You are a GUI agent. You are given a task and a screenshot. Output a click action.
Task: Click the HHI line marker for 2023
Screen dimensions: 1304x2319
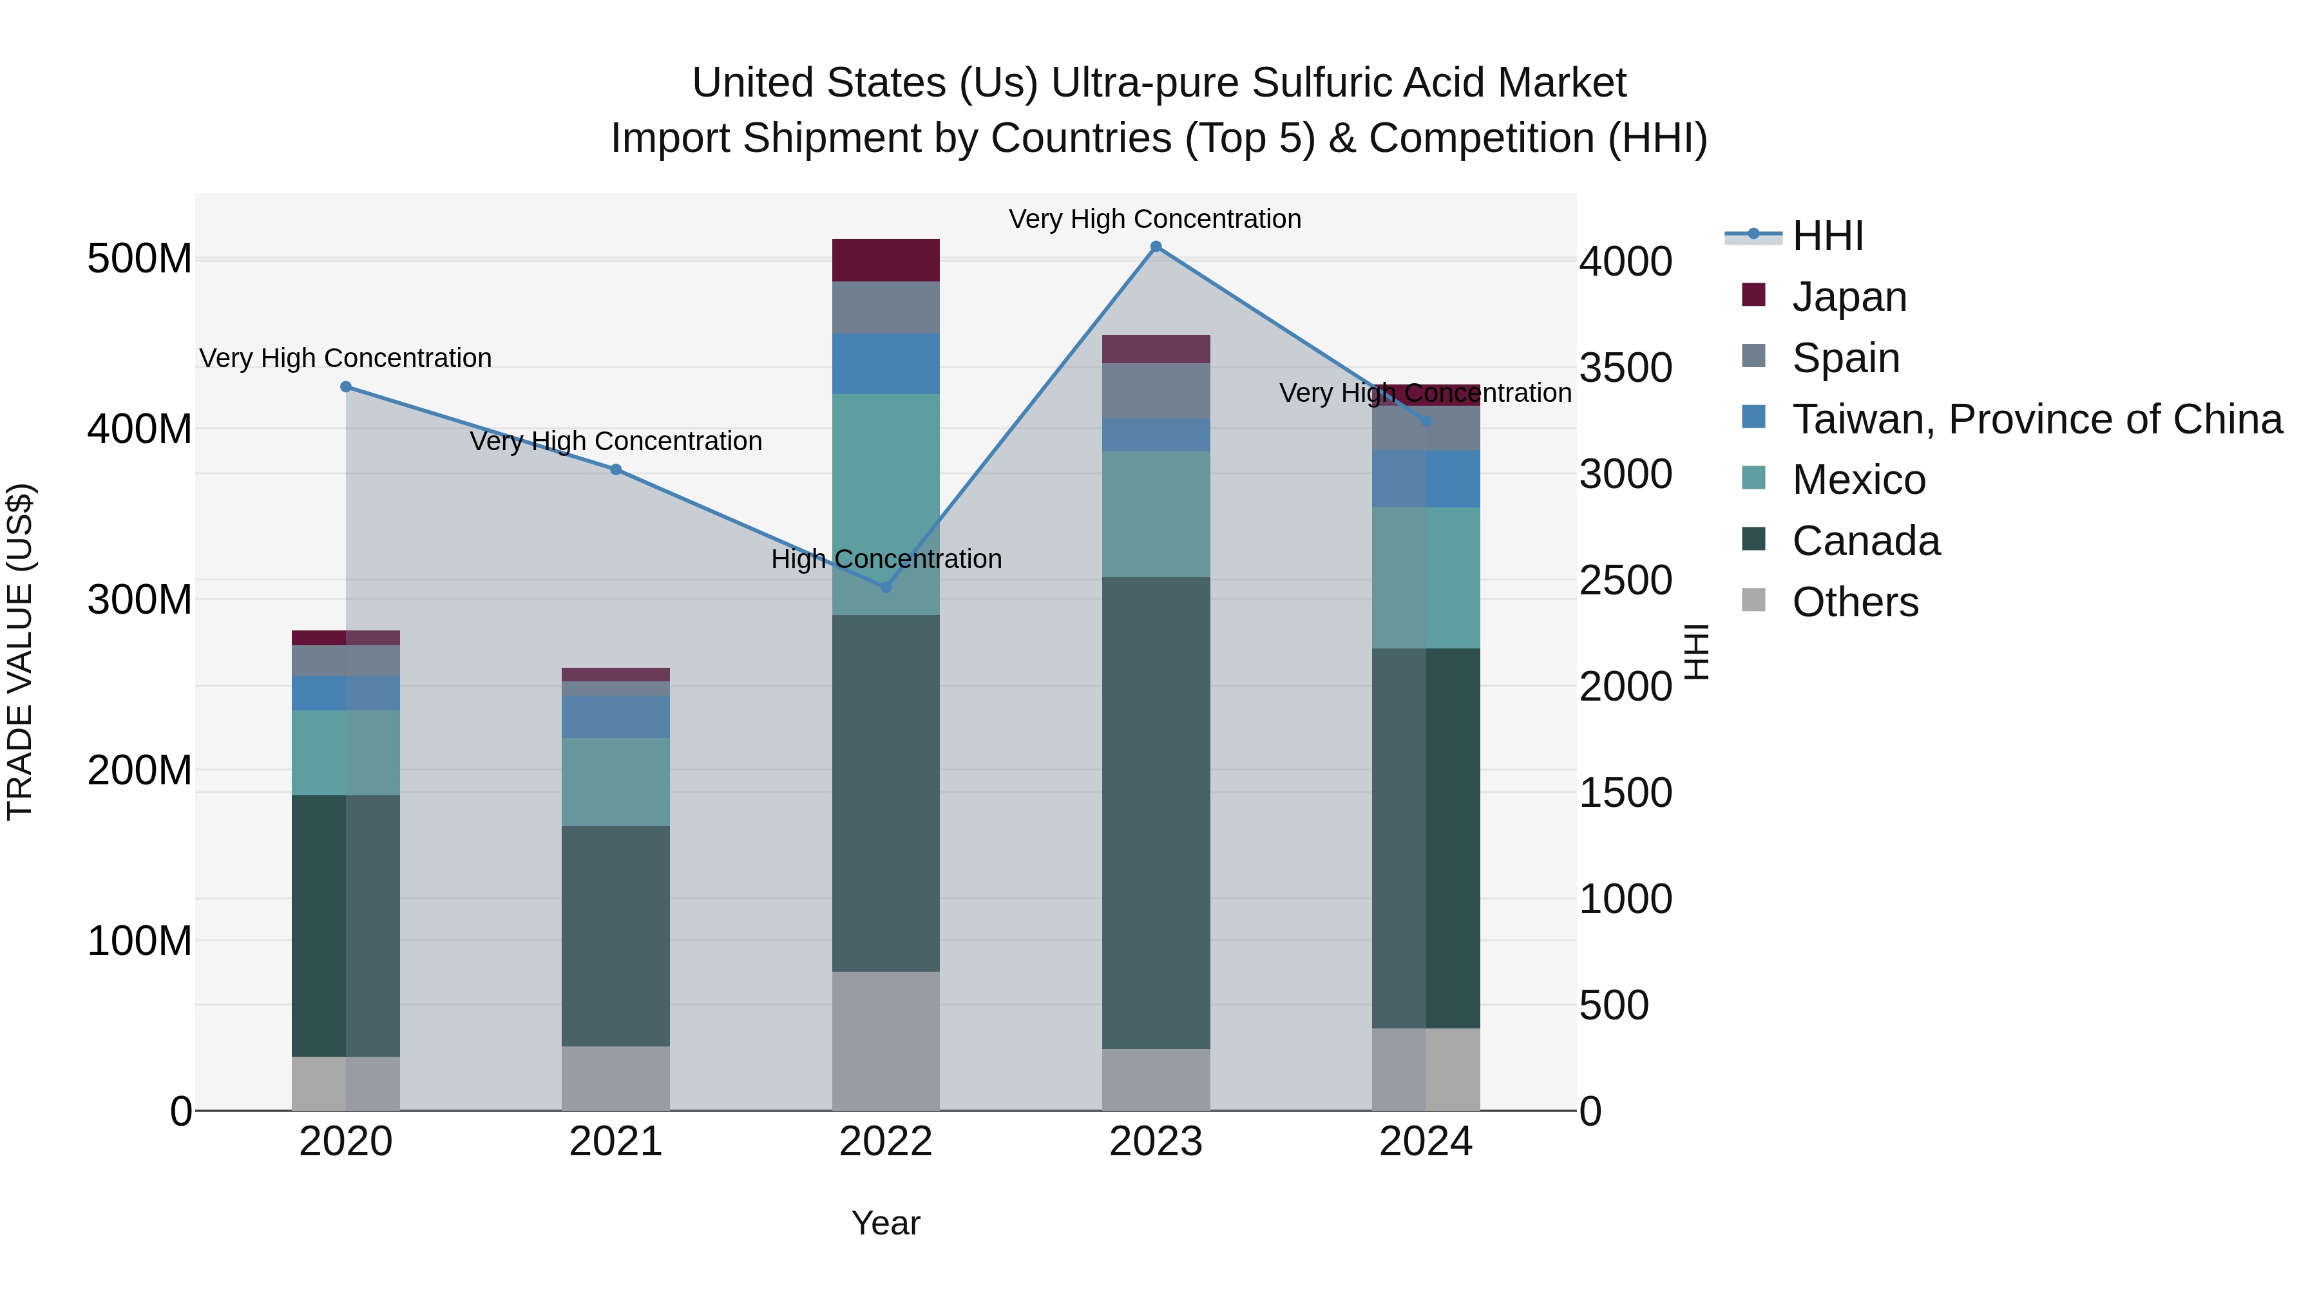1156,247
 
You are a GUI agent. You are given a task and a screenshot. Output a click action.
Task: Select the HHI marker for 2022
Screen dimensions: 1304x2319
886,587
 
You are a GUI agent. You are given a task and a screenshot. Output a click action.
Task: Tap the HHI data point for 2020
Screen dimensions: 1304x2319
346,387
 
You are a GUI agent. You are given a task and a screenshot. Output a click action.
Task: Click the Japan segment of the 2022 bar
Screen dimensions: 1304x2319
886,260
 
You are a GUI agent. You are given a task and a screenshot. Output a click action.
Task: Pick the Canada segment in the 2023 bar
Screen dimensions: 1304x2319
1156,812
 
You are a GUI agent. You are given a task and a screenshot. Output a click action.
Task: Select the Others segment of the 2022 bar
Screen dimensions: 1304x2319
886,1041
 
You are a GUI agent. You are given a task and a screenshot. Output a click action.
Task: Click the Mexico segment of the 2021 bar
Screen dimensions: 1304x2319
616,782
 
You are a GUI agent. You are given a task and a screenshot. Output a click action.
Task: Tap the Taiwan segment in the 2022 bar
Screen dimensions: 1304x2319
886,364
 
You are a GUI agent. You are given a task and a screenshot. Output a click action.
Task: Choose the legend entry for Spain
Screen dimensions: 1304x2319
1846,358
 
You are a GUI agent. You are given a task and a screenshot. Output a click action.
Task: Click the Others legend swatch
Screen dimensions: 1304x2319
1753,600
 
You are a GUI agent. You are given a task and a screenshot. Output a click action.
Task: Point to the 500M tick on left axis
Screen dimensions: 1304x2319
140,259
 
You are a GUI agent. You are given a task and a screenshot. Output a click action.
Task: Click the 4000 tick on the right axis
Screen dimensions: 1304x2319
1626,262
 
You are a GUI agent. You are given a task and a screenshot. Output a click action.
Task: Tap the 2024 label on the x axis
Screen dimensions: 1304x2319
1426,1142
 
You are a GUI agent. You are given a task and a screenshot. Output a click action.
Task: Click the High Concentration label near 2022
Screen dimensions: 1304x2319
886,559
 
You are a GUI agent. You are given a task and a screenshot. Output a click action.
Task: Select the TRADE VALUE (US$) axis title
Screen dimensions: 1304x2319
20,652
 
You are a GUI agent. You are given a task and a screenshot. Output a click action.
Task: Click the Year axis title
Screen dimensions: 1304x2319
886,1223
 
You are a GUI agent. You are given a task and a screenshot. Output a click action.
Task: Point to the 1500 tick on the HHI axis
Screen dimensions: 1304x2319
1626,793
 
